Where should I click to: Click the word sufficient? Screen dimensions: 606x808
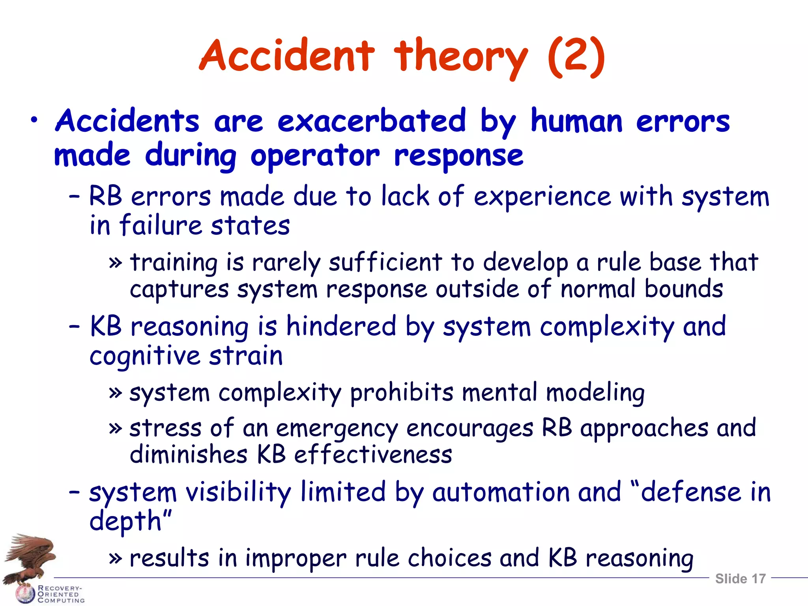point(385,262)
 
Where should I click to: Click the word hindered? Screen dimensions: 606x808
point(341,327)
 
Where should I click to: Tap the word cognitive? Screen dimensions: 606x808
point(144,356)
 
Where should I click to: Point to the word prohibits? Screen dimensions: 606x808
point(402,393)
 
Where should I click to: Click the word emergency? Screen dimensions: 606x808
point(337,429)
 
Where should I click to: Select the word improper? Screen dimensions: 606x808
point(296,558)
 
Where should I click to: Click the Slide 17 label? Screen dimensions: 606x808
point(740,579)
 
